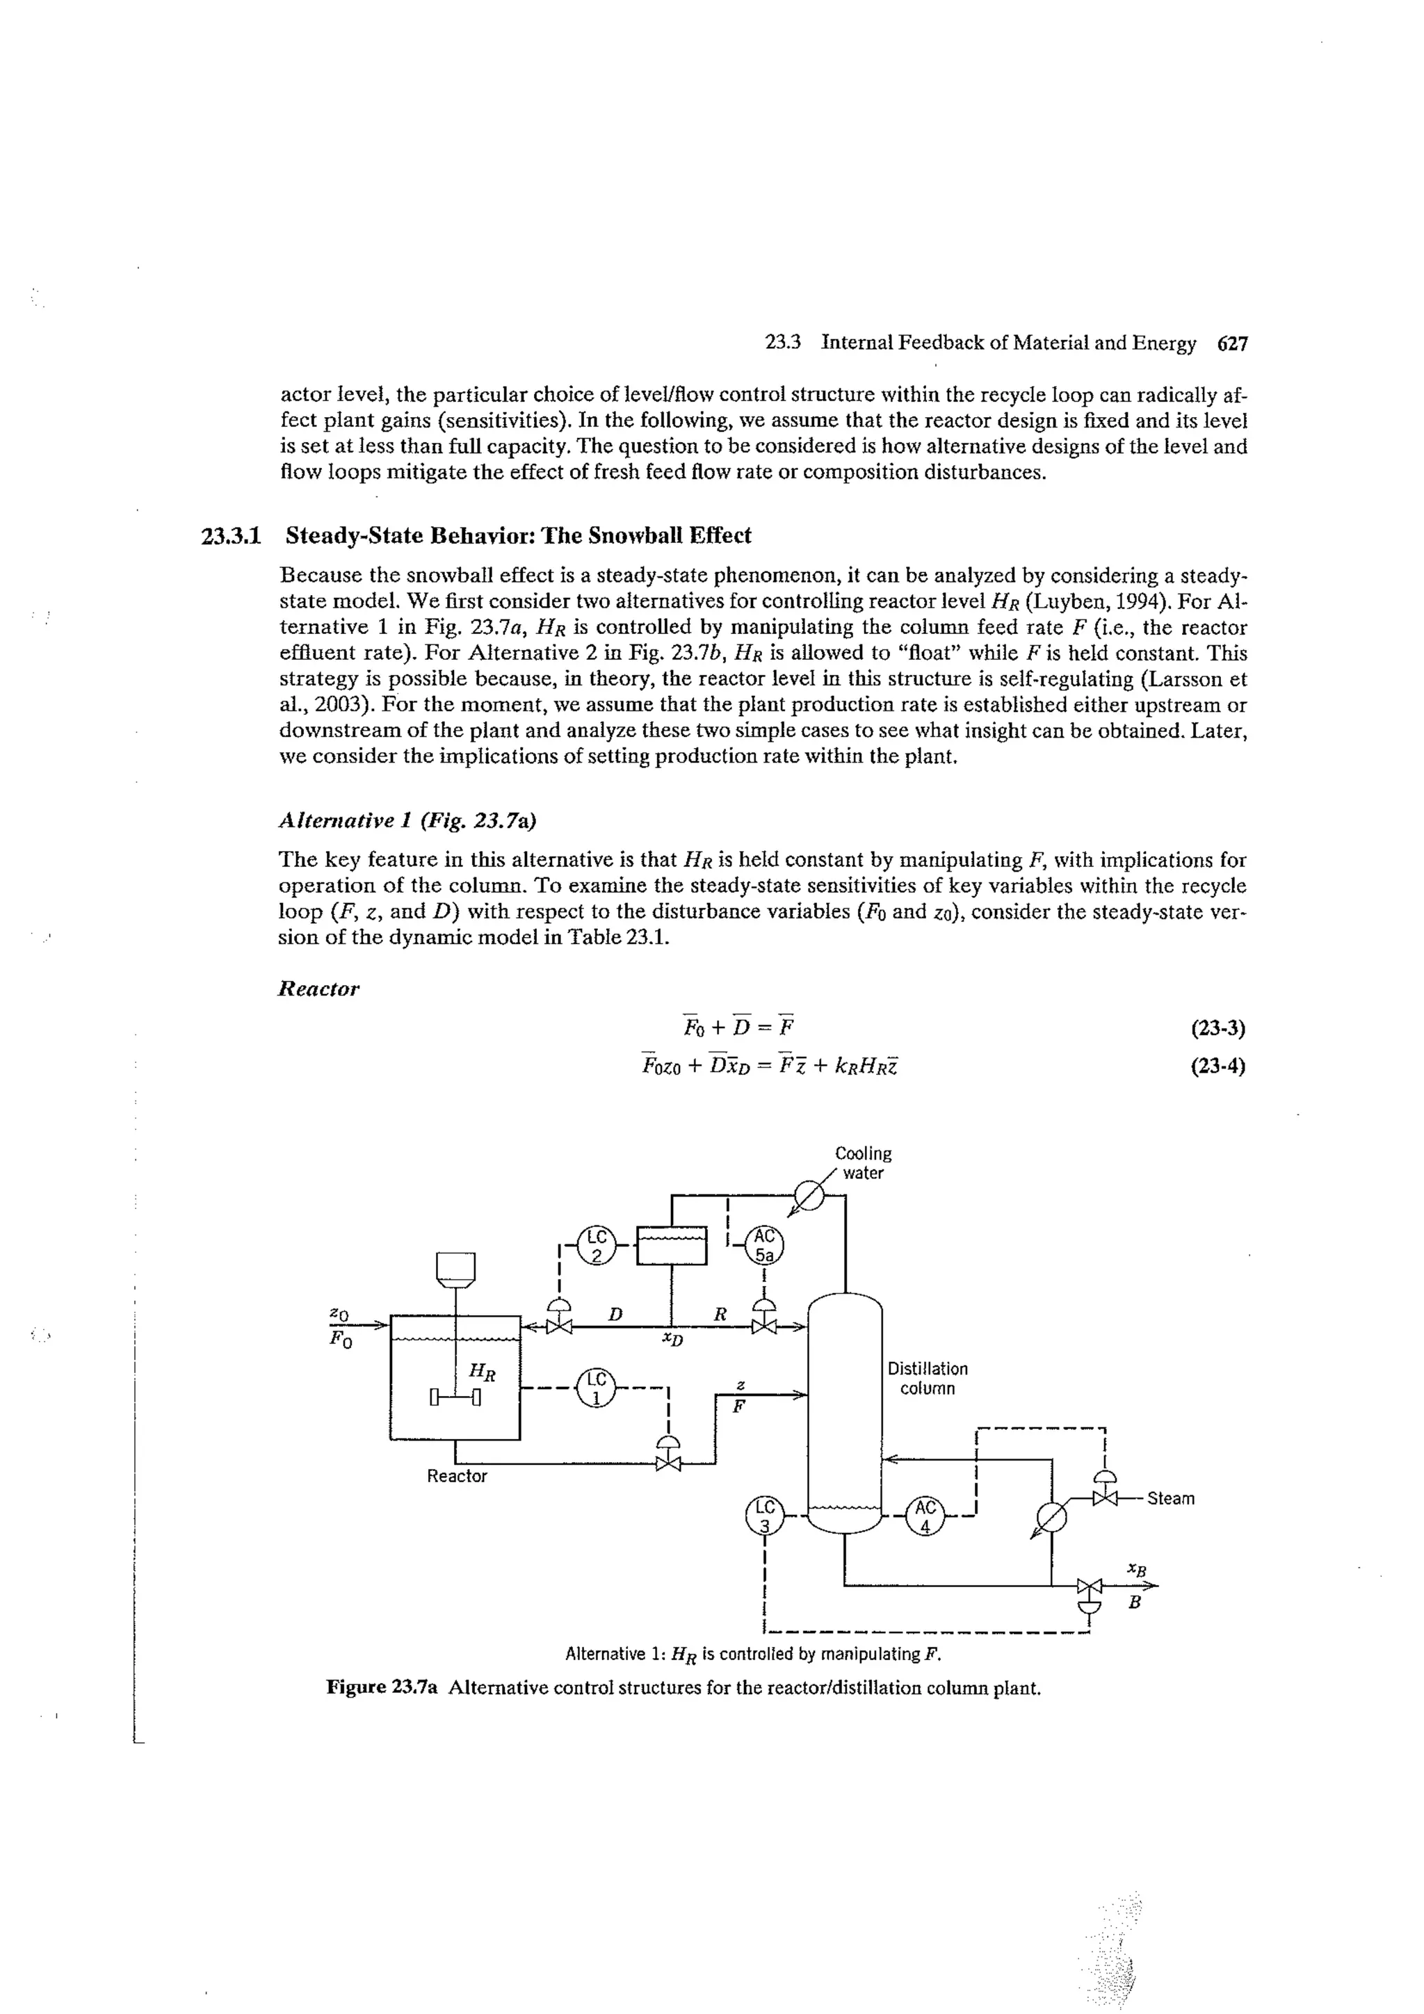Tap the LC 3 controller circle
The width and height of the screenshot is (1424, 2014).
(x=764, y=1515)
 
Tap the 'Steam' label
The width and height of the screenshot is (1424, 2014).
(x=1170, y=1498)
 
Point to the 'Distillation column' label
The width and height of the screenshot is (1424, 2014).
(x=928, y=1378)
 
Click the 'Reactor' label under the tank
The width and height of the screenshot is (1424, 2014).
(x=456, y=1477)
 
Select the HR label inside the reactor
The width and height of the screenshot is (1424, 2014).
(x=482, y=1371)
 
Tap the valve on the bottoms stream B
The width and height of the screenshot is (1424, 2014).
(x=1089, y=1586)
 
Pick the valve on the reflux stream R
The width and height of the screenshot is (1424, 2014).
(x=764, y=1326)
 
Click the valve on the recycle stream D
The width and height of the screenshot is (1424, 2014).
(x=559, y=1326)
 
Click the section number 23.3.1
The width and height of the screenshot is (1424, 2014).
(x=232, y=535)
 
